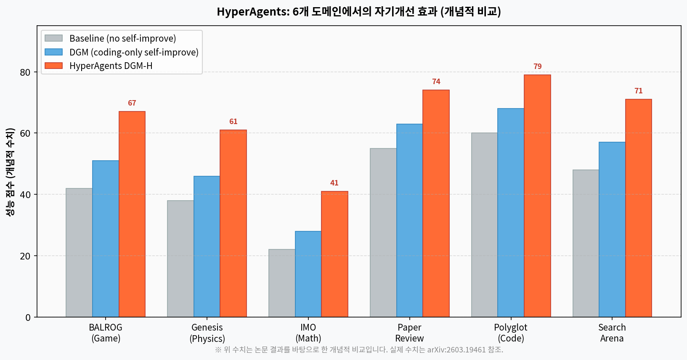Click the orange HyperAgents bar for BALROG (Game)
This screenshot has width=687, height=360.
[x=132, y=214]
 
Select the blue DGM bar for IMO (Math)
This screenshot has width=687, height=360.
[x=308, y=274]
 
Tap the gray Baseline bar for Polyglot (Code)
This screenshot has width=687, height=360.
[x=484, y=225]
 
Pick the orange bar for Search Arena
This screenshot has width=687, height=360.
[x=638, y=208]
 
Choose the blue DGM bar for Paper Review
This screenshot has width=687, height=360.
[x=409, y=220]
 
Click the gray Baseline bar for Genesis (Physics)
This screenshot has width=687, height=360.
[x=180, y=259]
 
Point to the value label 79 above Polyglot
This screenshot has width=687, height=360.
[x=537, y=66]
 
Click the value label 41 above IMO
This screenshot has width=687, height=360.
[x=334, y=183]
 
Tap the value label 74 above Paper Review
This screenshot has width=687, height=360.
[x=436, y=82]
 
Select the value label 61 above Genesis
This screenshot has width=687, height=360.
[x=233, y=122]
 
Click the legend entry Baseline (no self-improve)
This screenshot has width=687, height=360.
[x=122, y=38]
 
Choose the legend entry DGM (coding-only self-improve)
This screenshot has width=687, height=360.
[x=134, y=52]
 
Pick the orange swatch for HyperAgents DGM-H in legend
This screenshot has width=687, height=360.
[x=53, y=66]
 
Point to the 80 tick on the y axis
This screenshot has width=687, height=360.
[x=25, y=72]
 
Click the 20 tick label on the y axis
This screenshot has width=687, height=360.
[x=25, y=256]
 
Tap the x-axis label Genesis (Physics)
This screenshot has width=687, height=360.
[x=207, y=333]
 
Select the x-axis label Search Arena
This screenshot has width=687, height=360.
[x=612, y=333]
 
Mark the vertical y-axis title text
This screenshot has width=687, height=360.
[x=10, y=172]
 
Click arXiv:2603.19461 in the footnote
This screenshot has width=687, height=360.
[x=456, y=349]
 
